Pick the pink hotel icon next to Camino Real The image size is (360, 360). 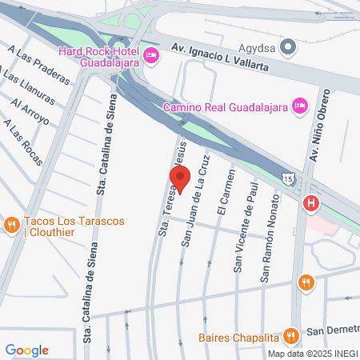(x=299, y=106)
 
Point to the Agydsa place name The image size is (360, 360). (x=258, y=47)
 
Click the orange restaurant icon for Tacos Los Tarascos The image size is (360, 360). (x=11, y=226)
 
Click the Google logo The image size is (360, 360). (x=26, y=350)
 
